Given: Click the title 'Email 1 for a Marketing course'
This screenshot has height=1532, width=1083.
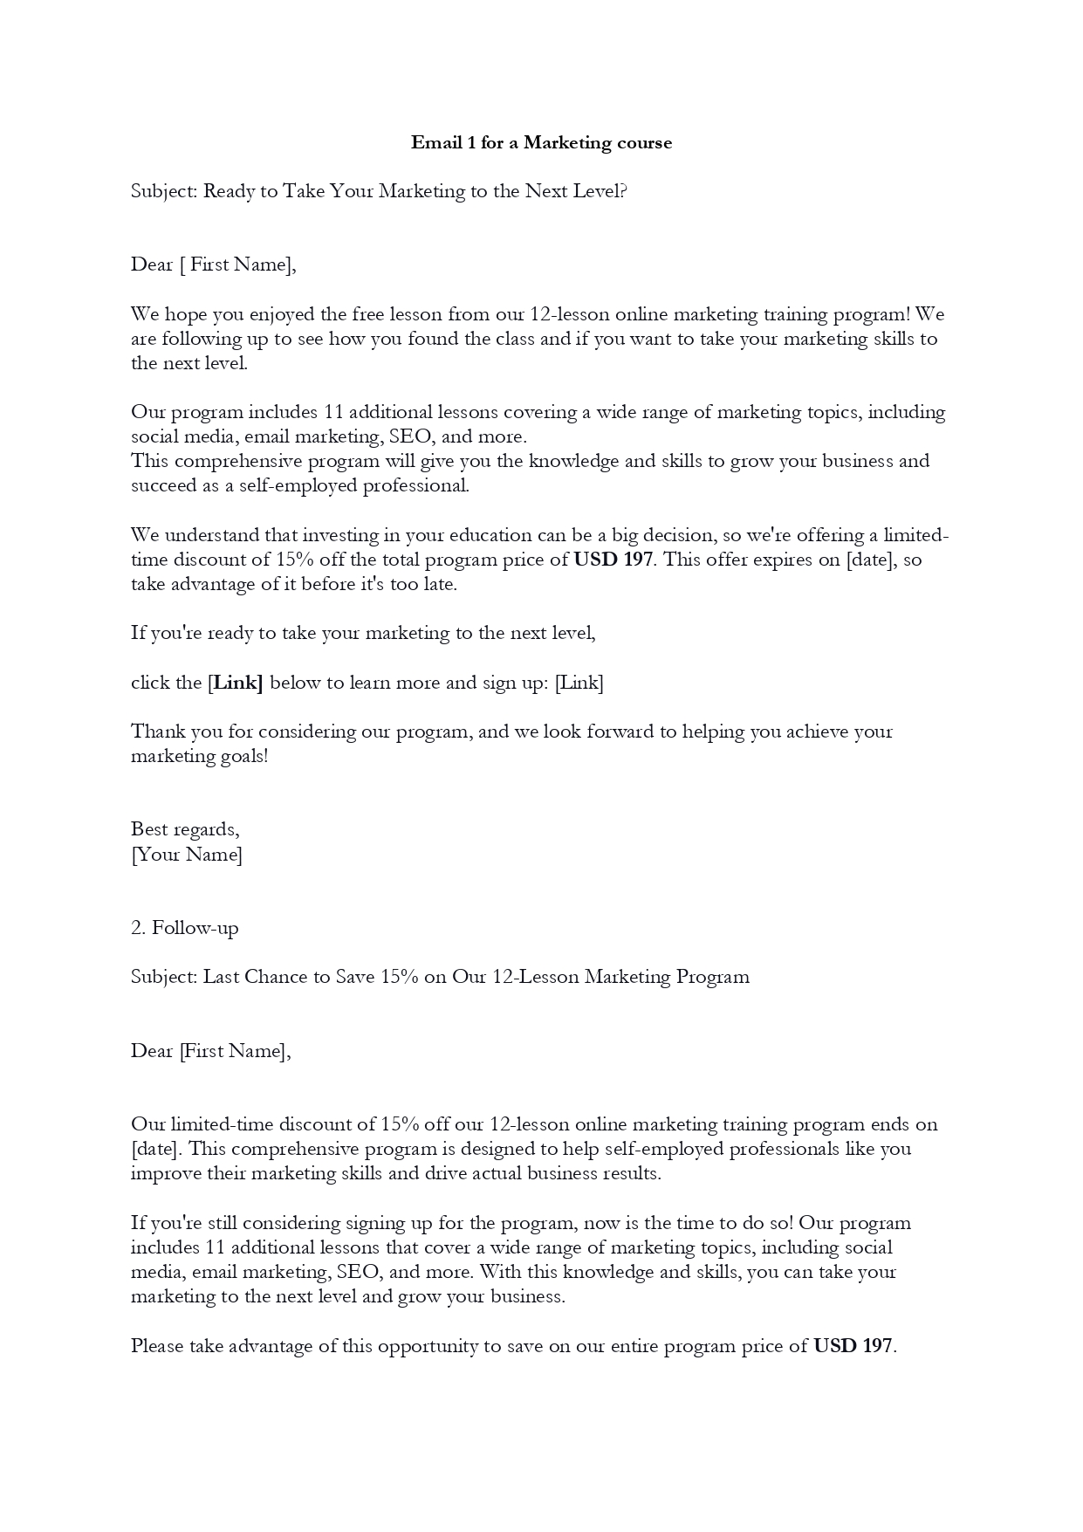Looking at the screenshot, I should pyautogui.click(x=541, y=142).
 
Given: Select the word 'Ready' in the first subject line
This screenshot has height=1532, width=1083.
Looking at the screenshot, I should pyautogui.click(x=229, y=191).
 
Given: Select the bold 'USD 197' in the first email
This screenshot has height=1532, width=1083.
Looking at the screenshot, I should pyautogui.click(x=613, y=560).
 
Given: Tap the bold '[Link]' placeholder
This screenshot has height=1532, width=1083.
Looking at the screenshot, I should pyautogui.click(x=236, y=683).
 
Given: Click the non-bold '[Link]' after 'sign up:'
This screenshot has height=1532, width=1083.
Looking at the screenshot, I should pyautogui.click(x=579, y=683).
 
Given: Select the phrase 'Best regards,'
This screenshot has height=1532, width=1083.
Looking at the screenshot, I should pyautogui.click(x=185, y=829).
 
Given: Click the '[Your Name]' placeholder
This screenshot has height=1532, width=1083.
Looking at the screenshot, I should pyautogui.click(x=187, y=854).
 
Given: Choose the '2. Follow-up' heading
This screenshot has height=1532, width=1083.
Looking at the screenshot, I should pyautogui.click(x=184, y=928).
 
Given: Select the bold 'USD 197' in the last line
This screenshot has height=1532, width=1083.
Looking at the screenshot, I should pyautogui.click(x=853, y=1346).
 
